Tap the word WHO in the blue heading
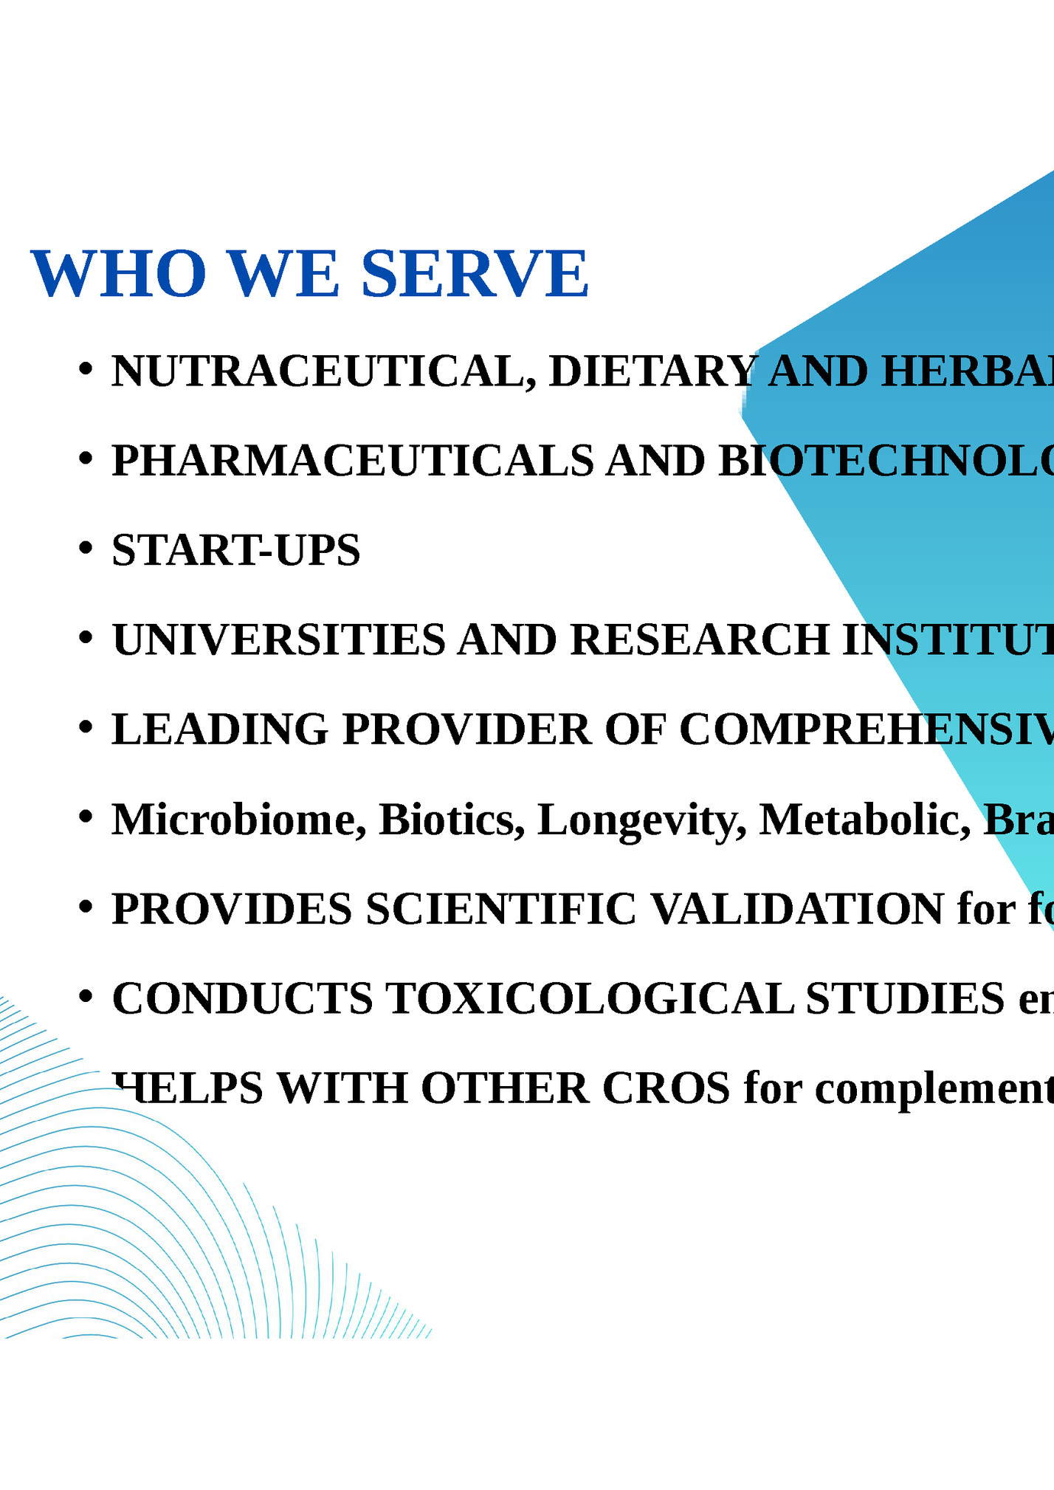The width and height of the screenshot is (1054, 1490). click(118, 274)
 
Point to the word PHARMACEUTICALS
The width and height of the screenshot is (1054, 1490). click(352, 461)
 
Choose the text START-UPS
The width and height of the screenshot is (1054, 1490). click(236, 550)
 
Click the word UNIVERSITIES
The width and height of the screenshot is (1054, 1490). click(278, 639)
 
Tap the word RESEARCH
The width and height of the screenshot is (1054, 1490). click(700, 639)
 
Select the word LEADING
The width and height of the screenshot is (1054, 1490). click(219, 729)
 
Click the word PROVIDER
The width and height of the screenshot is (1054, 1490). click(466, 729)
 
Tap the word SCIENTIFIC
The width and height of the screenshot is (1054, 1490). click(500, 909)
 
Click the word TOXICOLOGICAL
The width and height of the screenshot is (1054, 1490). click(590, 998)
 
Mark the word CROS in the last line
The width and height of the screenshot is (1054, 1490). click(666, 1088)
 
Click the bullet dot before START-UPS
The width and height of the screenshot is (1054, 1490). click(86, 548)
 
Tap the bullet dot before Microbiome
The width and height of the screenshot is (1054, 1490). click(86, 817)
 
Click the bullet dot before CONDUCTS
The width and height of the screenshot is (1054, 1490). click(86, 996)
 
